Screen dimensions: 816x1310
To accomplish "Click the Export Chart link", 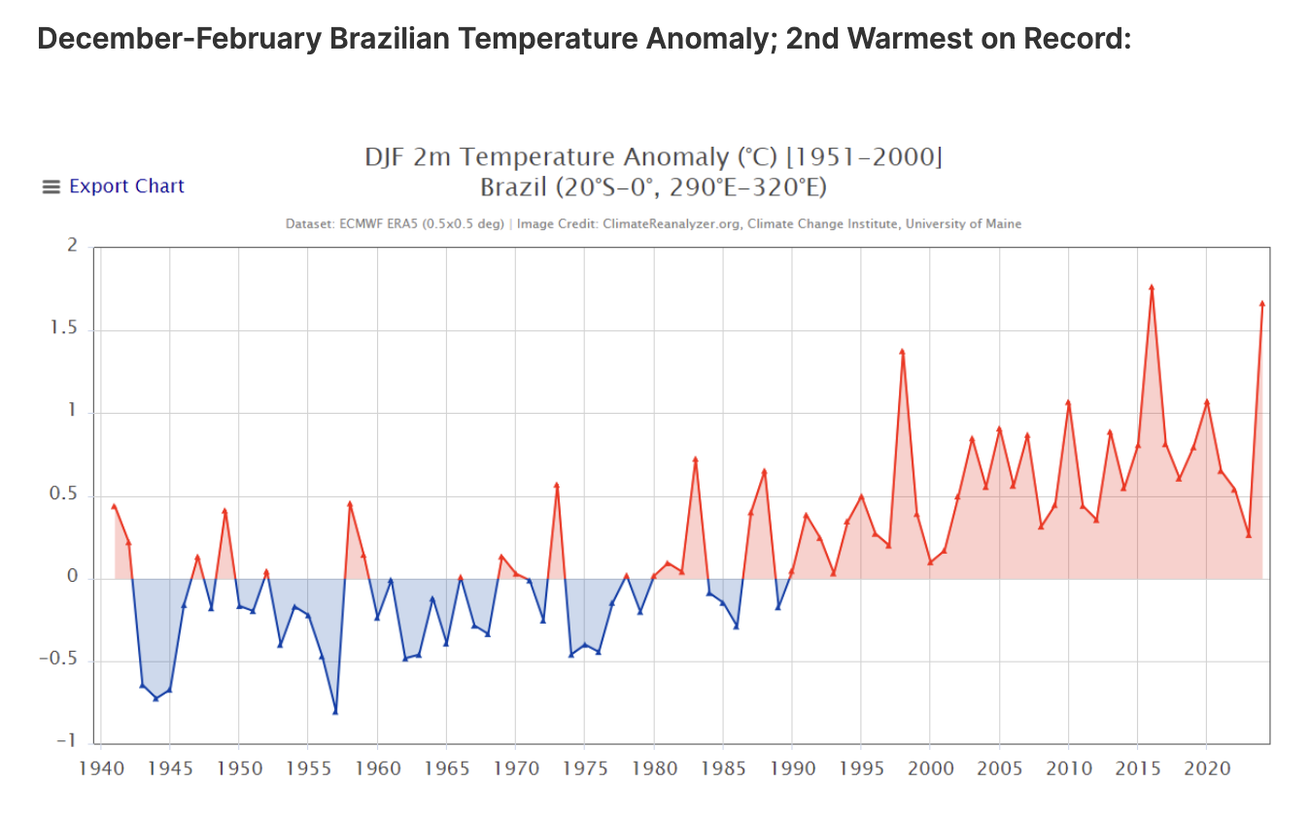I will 126,187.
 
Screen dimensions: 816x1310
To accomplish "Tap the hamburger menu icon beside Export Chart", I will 52,187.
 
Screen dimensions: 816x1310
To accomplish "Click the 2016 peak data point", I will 1152,288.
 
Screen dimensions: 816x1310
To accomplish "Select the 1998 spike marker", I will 902,352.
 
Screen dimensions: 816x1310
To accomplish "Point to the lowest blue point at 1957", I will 335,711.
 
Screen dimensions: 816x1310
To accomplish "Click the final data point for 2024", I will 1261,304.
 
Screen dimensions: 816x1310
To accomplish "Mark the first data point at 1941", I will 114,506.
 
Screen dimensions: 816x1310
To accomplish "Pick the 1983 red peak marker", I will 695,459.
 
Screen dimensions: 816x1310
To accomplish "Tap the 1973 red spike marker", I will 557,485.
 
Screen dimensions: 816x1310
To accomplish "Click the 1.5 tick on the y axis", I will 65,330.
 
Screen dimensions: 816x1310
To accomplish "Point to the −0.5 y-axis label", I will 60,662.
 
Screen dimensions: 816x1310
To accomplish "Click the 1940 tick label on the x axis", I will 101,769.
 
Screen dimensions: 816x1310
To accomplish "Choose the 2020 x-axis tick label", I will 1206,769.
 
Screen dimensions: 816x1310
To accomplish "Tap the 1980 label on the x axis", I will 653,769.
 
